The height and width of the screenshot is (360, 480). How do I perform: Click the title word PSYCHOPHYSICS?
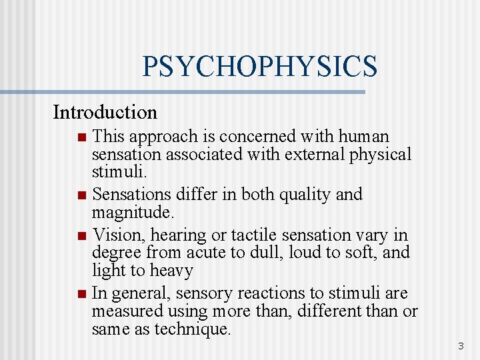click(x=259, y=67)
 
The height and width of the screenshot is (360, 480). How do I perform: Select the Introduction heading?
click(x=105, y=112)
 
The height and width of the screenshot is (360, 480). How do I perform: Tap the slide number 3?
click(x=460, y=346)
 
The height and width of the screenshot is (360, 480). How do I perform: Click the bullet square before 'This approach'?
click(x=81, y=138)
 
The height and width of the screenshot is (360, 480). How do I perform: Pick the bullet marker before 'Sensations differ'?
click(x=81, y=196)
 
